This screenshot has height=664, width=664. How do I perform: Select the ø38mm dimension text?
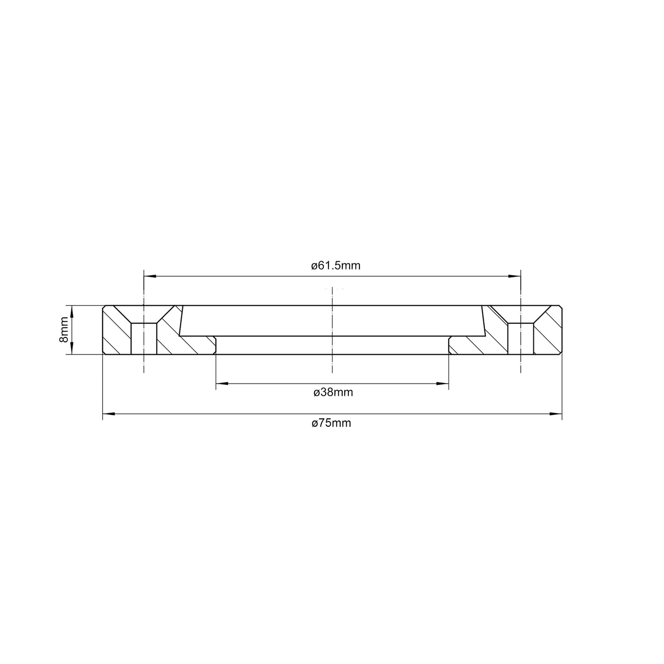[333, 392]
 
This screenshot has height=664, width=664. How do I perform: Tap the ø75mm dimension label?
[332, 423]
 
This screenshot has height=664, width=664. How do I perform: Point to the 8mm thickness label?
[64, 330]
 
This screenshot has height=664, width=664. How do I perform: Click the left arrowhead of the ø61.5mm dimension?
[150, 276]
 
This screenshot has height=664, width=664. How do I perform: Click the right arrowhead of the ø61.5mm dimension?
[515, 276]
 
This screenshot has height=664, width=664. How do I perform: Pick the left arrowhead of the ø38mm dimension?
[222, 383]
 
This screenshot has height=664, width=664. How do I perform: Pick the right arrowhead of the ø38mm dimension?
[443, 383]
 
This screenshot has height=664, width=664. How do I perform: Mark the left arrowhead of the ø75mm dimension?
[108, 414]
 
